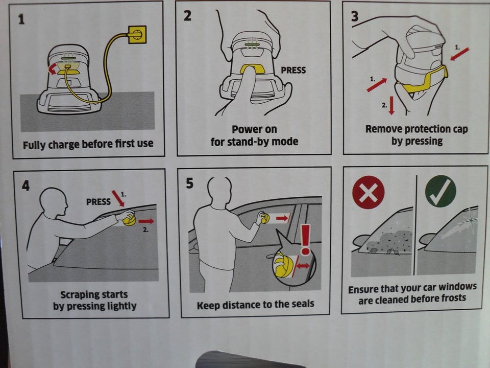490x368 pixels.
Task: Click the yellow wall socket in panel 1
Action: coord(137,34)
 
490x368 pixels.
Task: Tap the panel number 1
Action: coord(21,19)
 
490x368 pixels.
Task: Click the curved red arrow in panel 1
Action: coord(52,68)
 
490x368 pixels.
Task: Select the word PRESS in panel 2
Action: coord(293,70)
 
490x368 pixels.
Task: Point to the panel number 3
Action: coord(355,16)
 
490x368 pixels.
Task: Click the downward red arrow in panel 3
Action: coord(391,105)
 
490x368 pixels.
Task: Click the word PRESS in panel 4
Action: coord(99,202)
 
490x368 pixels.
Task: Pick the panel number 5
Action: coord(189,183)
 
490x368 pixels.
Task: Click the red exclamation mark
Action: coord(305,239)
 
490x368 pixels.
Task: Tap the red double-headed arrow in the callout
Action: coord(303,266)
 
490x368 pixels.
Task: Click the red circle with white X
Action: coord(368,192)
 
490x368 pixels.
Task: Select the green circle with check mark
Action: coord(440,191)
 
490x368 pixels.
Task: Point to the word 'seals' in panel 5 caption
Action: coord(303,304)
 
